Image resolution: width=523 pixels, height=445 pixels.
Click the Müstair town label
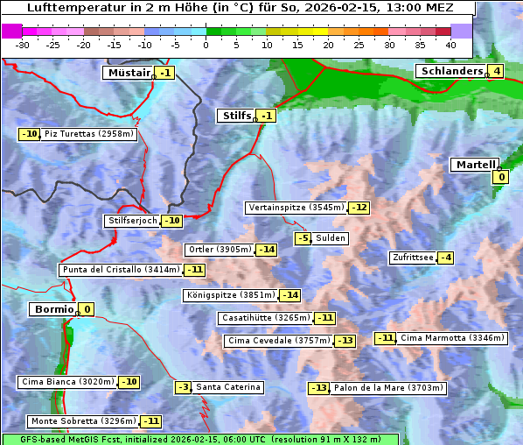(x=129, y=73)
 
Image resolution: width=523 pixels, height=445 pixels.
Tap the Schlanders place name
(x=450, y=71)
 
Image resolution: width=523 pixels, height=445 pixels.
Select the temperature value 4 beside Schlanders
(x=496, y=71)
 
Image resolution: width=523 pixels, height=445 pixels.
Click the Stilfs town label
(x=234, y=116)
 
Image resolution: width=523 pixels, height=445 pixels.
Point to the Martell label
(x=474, y=165)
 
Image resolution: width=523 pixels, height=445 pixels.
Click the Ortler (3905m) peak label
(x=220, y=250)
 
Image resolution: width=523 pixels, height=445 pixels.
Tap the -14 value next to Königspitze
(x=290, y=295)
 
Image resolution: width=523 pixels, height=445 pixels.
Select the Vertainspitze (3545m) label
(x=296, y=208)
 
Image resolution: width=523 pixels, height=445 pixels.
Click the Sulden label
(x=331, y=238)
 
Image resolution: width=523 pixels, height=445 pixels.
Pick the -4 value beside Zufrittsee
(x=446, y=258)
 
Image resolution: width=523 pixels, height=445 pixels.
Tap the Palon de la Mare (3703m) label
(x=374, y=387)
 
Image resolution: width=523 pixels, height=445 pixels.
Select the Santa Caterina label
(x=227, y=387)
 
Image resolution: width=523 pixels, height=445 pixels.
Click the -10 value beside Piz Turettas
(x=29, y=134)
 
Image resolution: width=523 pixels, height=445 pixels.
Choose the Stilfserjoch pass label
(x=132, y=221)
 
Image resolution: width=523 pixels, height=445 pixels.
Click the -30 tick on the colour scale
(x=23, y=44)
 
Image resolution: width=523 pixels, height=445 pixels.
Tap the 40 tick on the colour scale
(x=450, y=44)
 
